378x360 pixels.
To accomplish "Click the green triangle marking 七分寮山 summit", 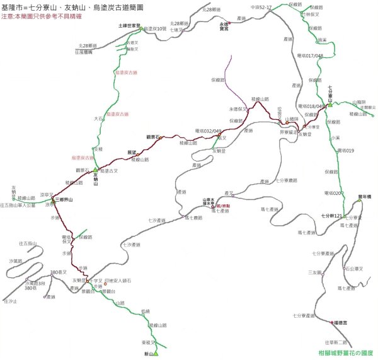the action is pyautogui.click(x=329, y=104).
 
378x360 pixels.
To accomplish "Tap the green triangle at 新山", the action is pyautogui.click(x=156, y=354).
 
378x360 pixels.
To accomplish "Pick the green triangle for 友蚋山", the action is pyautogui.click(x=96, y=170).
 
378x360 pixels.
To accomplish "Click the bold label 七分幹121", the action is pyautogui.click(x=331, y=216).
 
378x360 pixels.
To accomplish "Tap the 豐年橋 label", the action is pyautogui.click(x=365, y=196).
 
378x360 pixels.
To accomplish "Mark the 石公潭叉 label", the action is pyautogui.click(x=357, y=269).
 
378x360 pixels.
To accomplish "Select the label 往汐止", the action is pyautogui.click(x=11, y=303).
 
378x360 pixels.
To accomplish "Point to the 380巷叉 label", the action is pyautogui.click(x=58, y=272).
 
